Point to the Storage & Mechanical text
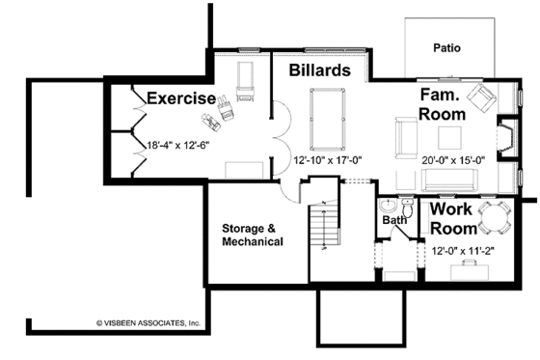coord(253,235)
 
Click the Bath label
coord(395,220)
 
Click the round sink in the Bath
coord(387,207)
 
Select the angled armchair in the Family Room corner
coord(487,94)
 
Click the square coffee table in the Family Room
coord(451,133)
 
